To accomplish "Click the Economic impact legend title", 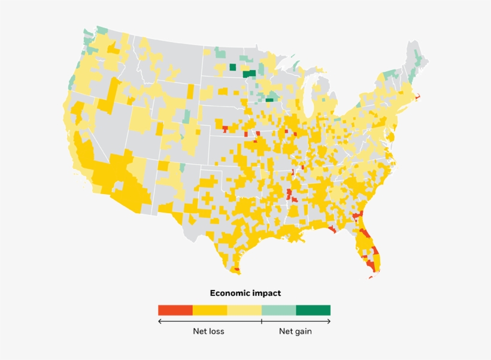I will click(x=245, y=294).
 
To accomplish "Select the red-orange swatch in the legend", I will click(x=175, y=310).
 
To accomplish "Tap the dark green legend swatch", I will click(x=313, y=310).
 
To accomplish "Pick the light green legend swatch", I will click(x=278, y=310).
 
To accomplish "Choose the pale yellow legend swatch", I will click(x=244, y=310).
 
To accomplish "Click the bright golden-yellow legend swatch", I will click(x=210, y=310).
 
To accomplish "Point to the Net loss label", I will click(x=208, y=331).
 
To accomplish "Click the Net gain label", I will click(x=295, y=331).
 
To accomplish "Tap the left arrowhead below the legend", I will click(x=160, y=322).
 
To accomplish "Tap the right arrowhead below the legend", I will click(x=329, y=322).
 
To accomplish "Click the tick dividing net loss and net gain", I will click(x=262, y=322).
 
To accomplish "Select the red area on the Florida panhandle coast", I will click(x=332, y=229).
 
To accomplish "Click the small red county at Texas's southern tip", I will click(x=237, y=270).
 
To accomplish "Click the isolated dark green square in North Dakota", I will click(x=232, y=67).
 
